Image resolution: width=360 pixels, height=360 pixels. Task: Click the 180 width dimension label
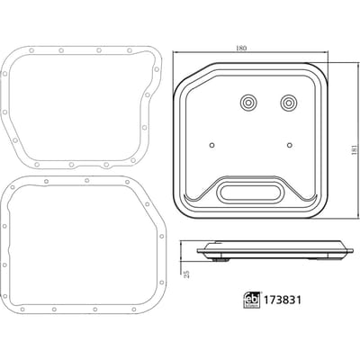[x=241, y=48]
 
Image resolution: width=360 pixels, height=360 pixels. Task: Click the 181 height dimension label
[x=355, y=149]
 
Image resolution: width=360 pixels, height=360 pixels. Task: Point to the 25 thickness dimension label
[x=187, y=274]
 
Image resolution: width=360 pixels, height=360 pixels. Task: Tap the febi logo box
[x=251, y=300]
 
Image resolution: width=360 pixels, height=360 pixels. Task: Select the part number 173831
[x=282, y=300]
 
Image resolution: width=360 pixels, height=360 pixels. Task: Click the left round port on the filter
[x=248, y=103]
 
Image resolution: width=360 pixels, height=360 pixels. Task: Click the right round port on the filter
[x=289, y=103]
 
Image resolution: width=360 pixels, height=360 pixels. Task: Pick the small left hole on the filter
[x=211, y=145]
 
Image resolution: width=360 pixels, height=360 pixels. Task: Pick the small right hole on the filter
[x=289, y=145]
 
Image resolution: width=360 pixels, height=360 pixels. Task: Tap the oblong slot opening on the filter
[x=250, y=193]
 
